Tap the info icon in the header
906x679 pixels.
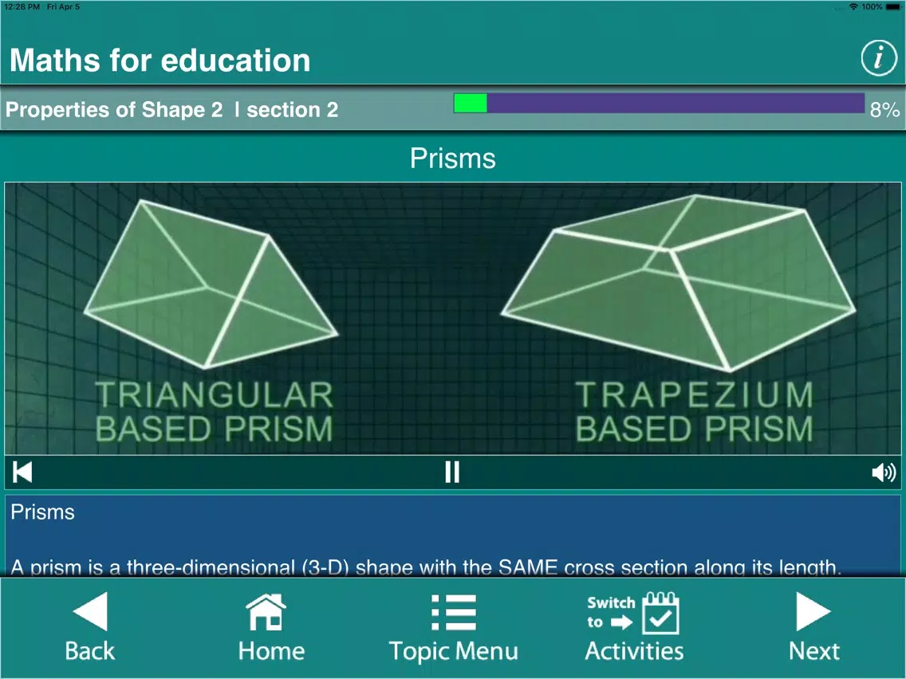coord(879,58)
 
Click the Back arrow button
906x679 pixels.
coord(91,611)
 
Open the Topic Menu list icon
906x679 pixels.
coord(454,612)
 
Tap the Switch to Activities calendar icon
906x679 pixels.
coord(661,613)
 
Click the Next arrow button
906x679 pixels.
coord(813,611)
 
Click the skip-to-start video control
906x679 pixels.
coord(22,472)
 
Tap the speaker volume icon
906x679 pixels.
coord(884,473)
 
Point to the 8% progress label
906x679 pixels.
coord(884,110)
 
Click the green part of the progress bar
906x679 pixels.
coord(471,104)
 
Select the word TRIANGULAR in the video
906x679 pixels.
coord(215,395)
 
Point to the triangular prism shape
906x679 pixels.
coord(211,284)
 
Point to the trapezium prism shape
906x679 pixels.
coord(679,283)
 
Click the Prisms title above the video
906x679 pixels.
coord(453,159)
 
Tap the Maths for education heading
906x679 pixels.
coord(160,60)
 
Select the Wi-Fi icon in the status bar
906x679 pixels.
coord(853,6)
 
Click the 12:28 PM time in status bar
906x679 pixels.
coord(22,6)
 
